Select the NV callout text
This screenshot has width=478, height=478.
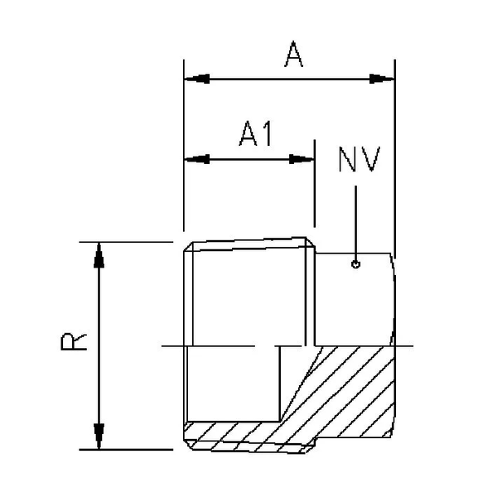(x=358, y=160)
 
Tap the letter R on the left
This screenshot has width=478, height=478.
(x=75, y=343)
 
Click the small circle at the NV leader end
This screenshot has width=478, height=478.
(x=355, y=265)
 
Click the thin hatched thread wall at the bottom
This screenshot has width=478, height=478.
(x=232, y=432)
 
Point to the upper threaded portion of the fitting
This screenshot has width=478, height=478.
(x=249, y=290)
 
